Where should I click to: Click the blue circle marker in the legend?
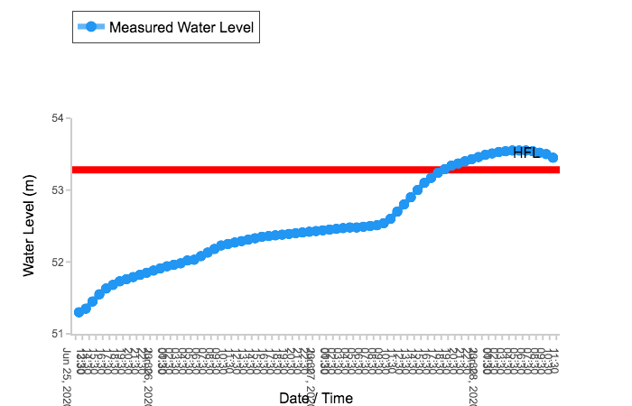[90, 27]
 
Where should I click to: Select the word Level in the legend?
[238, 27]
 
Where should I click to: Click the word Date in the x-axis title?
[294, 398]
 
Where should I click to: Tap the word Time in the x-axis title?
[336, 398]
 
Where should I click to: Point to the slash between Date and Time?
[313, 398]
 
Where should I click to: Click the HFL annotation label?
[526, 152]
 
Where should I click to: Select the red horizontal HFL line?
[271, 170]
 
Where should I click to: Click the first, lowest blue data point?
[79, 312]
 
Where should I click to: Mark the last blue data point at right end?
[553, 158]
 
